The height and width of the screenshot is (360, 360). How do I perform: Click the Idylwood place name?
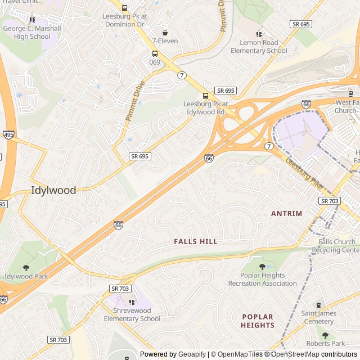(53, 190)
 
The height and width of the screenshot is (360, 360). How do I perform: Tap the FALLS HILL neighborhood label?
(195, 241)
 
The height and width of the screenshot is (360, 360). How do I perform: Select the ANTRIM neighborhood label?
(286, 213)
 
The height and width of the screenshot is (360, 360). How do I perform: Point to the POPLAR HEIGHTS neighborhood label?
(258, 321)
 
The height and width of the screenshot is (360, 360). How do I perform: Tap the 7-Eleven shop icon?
(165, 33)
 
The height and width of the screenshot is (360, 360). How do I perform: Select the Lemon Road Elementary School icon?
(259, 34)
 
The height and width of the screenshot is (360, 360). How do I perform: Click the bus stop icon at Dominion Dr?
(124, 8)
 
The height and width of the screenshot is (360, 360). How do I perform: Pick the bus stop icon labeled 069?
(154, 54)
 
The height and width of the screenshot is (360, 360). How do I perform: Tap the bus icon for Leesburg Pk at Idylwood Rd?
(205, 96)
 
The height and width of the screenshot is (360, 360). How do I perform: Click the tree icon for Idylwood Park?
(26, 268)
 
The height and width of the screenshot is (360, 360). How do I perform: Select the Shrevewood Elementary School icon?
(132, 302)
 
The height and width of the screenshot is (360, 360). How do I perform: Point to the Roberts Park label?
(326, 343)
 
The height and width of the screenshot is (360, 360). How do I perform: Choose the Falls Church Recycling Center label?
(338, 246)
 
